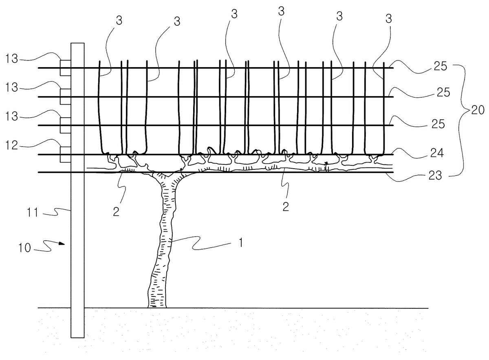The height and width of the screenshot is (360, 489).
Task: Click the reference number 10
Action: (24, 248)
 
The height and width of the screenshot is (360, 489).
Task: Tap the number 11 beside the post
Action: (33, 213)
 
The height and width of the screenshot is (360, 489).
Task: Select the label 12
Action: (11, 145)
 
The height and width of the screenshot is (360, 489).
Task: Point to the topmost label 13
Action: (11, 59)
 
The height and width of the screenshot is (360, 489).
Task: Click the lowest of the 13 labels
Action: (11, 116)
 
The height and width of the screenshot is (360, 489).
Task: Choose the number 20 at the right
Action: (478, 110)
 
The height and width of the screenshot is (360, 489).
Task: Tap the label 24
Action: (437, 153)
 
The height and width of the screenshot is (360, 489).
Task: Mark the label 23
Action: (435, 175)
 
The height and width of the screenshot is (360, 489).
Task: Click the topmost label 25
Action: (441, 66)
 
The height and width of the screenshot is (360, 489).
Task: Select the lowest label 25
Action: (438, 124)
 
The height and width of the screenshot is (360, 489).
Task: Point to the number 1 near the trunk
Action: (241, 242)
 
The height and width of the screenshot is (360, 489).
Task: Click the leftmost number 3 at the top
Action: (119, 20)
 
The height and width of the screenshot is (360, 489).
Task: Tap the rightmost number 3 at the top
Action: (389, 19)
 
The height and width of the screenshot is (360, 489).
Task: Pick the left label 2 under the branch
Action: (116, 211)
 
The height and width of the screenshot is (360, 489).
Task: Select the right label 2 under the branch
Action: (286, 206)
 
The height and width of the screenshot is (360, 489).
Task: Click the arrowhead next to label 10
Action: (62, 243)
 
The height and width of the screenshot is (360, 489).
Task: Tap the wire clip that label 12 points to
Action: (66, 155)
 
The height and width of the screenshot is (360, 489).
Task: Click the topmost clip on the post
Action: (66, 68)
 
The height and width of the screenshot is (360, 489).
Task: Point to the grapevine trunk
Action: (163, 240)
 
